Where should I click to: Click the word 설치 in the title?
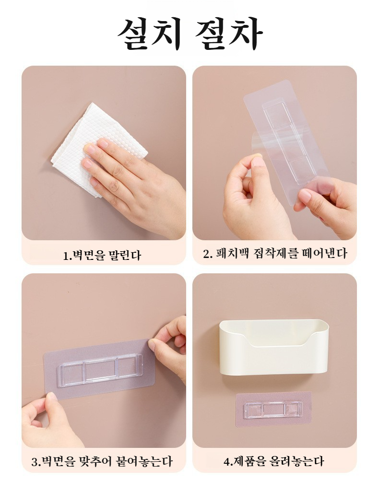[x=150, y=34]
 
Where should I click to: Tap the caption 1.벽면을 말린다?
[x=102, y=256]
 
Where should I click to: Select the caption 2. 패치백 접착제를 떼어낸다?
[x=275, y=253]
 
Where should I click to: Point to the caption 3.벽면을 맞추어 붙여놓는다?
[x=102, y=461]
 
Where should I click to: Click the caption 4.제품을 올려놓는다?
[x=273, y=461]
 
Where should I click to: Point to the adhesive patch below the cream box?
[x=273, y=410]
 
